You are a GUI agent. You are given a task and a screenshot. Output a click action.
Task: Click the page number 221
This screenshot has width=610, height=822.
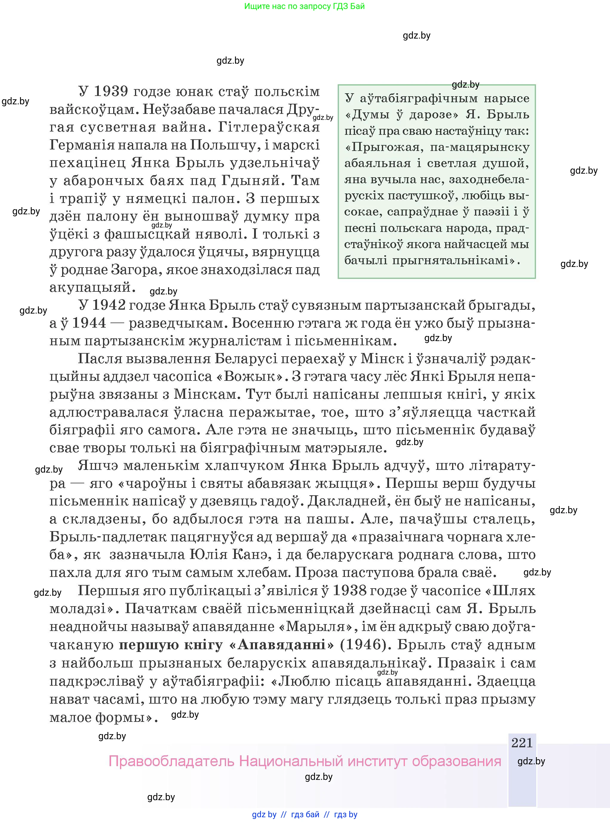(522, 742)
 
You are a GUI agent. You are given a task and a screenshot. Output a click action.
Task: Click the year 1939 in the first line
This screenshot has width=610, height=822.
(111, 91)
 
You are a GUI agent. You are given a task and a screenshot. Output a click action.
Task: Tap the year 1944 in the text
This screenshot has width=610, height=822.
(89, 323)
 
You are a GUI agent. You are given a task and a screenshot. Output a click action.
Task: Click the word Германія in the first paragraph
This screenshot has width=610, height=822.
(82, 145)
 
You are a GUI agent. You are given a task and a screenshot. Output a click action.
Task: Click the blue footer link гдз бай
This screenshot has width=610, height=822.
(305, 814)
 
